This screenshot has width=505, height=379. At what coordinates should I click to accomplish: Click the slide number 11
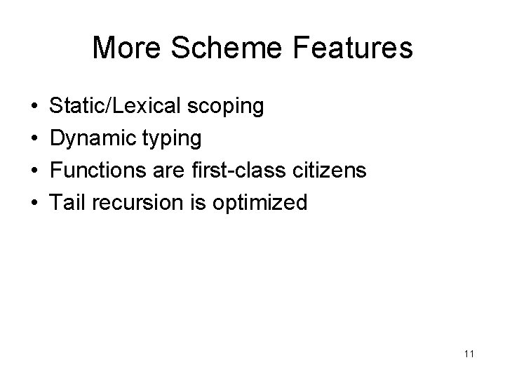click(x=469, y=354)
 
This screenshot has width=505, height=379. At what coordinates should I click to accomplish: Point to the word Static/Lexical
click(x=117, y=107)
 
